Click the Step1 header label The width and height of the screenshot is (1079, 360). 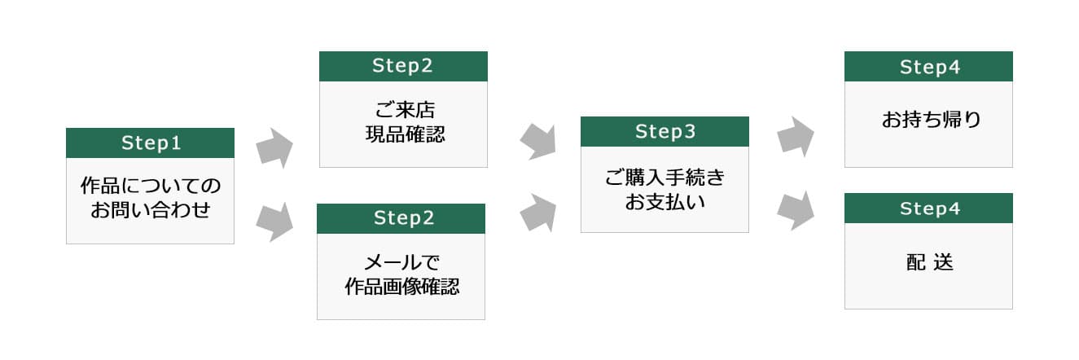(x=151, y=143)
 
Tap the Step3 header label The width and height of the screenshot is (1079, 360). (x=665, y=132)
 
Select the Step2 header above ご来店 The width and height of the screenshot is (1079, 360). (x=402, y=66)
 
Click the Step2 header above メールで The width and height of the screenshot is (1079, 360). (x=404, y=218)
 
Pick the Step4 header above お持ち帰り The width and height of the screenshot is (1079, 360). (x=930, y=68)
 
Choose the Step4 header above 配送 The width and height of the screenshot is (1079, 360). (x=930, y=209)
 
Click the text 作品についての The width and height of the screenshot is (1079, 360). (x=151, y=186)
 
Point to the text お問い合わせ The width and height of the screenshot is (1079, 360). (x=151, y=209)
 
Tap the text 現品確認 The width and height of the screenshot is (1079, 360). (x=405, y=134)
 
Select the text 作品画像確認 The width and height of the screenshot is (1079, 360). (x=401, y=287)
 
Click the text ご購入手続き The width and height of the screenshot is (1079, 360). (x=665, y=178)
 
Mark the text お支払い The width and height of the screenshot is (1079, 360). (x=665, y=202)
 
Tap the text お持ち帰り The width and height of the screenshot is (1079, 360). (x=931, y=120)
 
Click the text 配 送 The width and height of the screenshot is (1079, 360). (x=930, y=262)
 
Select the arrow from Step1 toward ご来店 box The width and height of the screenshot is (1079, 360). (x=274, y=148)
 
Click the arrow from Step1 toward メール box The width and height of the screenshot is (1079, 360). (x=274, y=222)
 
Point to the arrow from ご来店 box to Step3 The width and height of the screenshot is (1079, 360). (x=538, y=141)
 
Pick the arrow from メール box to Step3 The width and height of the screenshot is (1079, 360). (x=538, y=213)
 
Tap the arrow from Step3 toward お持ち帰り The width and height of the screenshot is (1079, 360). (x=796, y=136)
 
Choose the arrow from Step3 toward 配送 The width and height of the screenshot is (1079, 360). (x=796, y=211)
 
